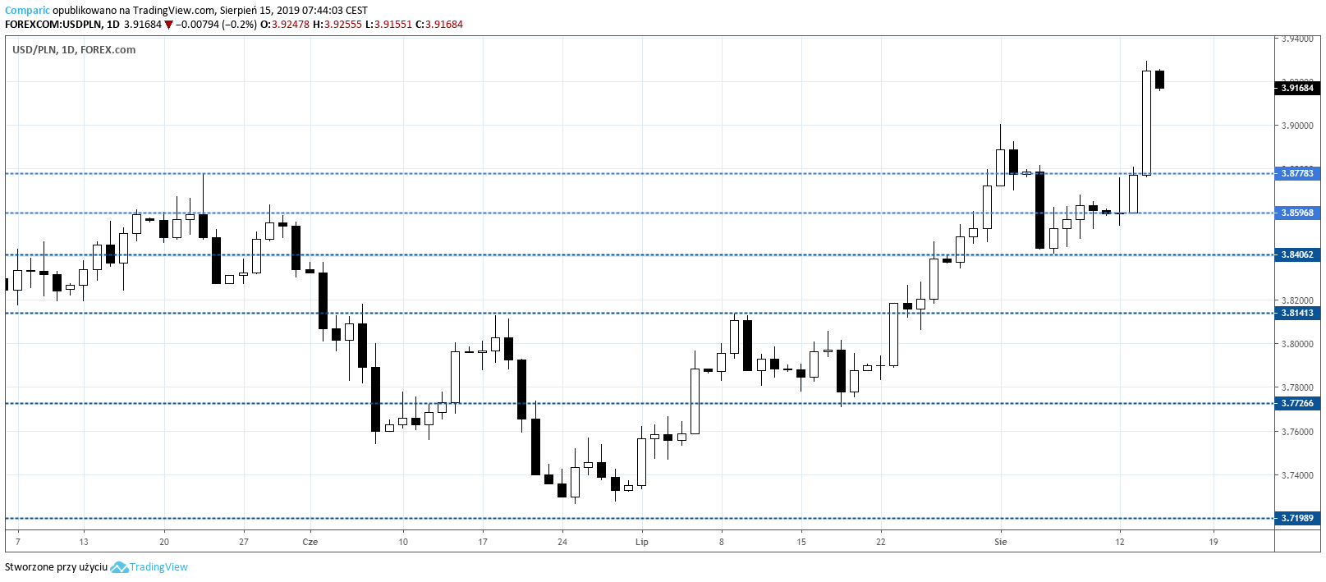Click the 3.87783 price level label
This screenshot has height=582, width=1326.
[1297, 173]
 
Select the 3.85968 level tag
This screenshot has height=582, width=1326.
[1297, 213]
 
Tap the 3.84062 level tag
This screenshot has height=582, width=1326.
[1297, 254]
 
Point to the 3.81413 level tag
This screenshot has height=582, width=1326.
[1297, 313]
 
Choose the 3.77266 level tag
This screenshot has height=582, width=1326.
[1297, 403]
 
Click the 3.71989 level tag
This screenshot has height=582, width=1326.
[1297, 518]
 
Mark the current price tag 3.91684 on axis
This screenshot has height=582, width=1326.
[1297, 88]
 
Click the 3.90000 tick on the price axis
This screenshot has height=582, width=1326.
[1297, 126]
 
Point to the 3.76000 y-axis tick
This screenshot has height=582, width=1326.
[1297, 432]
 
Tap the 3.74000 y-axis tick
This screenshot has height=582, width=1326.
[1297, 475]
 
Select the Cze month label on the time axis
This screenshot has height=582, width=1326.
[310, 542]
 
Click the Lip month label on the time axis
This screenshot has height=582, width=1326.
[642, 542]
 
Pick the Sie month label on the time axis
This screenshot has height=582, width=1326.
[1000, 542]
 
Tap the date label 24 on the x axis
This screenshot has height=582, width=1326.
[562, 542]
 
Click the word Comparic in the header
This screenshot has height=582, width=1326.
[27, 11]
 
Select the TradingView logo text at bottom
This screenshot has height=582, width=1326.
[158, 567]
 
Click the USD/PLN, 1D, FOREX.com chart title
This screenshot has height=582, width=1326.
[74, 50]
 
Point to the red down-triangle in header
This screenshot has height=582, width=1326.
[169, 25]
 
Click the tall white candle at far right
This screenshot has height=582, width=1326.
[1146, 123]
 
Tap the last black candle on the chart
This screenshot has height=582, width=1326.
[1159, 80]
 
